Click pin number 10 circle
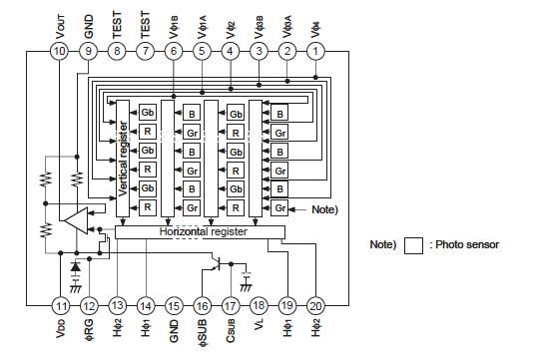60,49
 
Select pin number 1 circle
317,49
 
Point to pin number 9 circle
89,49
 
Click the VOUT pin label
60,21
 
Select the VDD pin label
60,332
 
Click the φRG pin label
89,334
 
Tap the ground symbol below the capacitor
246,286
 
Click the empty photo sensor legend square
415,244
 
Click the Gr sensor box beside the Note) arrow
280,208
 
